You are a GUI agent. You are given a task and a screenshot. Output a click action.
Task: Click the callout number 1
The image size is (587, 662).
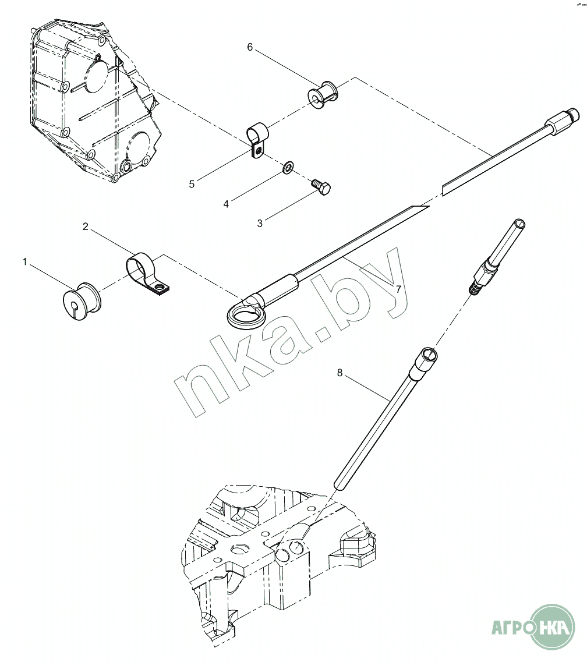point(24,262)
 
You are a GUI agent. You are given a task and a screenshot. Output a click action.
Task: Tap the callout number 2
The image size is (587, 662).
point(85,226)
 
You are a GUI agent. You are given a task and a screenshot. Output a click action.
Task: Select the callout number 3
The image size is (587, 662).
point(260,224)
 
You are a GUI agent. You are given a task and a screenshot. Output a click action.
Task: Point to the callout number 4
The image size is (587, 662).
point(226,204)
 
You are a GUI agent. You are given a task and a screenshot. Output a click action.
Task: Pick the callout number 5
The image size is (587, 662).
point(192,184)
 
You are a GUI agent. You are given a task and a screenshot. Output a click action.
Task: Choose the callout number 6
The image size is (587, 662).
point(250,47)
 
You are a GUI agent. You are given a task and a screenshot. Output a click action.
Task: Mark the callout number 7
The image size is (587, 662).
point(398,289)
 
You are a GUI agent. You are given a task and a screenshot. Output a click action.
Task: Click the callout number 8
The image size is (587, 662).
point(340,373)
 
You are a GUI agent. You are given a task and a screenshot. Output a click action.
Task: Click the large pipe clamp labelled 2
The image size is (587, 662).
point(147,272)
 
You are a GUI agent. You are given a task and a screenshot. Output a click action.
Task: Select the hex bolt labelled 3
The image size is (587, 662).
point(321,187)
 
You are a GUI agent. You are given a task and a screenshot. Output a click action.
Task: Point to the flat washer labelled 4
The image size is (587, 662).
point(288,167)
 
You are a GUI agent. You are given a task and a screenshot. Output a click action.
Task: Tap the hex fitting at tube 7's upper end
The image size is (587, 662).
point(562,121)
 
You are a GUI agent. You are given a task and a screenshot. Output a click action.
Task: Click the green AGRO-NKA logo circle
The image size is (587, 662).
point(553,626)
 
